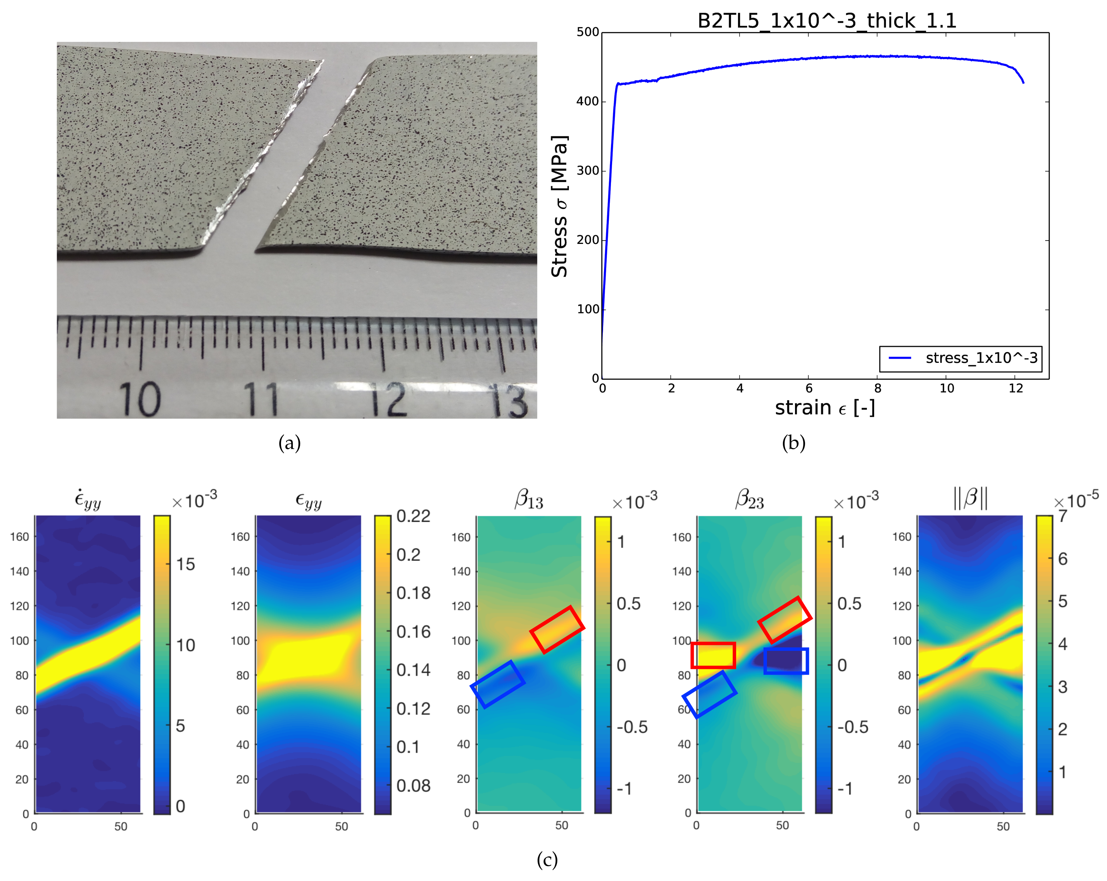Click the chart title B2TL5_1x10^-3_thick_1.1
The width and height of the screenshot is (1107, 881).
pyautogui.click(x=826, y=21)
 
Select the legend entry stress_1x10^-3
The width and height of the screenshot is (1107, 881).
pyautogui.click(x=981, y=358)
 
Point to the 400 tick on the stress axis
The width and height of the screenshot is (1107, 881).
pyautogui.click(x=588, y=101)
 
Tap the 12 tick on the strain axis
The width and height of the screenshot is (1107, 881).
pyautogui.click(x=1016, y=388)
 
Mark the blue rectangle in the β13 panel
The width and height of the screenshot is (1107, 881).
pyautogui.click(x=498, y=684)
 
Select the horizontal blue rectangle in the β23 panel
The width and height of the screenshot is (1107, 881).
pyautogui.click(x=786, y=661)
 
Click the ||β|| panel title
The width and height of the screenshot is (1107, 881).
pyautogui.click(x=971, y=498)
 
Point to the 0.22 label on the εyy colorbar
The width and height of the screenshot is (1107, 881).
pyautogui.click(x=413, y=516)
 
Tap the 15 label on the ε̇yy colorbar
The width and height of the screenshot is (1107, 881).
pyautogui.click(x=185, y=564)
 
